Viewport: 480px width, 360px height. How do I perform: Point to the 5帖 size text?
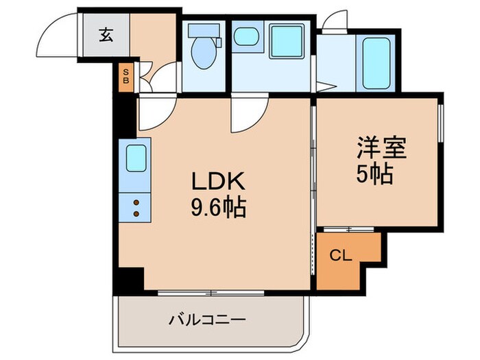point(374,176)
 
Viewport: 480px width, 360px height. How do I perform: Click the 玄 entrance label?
point(106,35)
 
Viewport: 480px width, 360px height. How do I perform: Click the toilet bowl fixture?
point(203,55)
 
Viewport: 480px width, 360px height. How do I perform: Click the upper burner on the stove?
point(135,202)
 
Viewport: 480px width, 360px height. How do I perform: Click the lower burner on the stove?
point(135,214)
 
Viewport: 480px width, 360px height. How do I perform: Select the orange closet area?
point(346,261)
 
